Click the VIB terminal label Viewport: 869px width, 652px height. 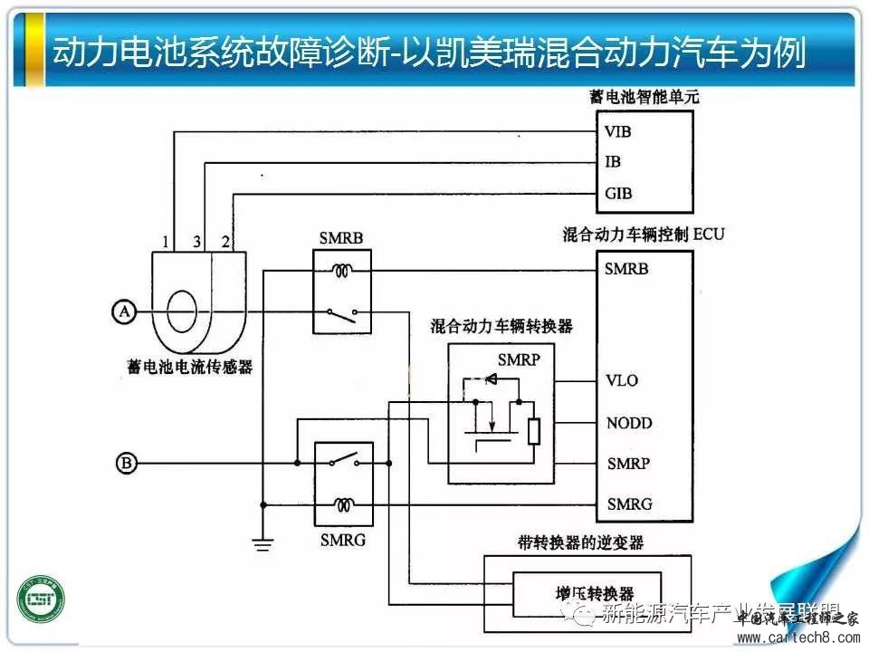618,132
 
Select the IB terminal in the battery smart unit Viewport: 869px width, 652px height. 613,162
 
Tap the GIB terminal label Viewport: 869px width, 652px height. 618,193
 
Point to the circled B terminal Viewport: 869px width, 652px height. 127,465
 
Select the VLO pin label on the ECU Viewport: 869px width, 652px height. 622,380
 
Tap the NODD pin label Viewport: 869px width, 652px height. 628,423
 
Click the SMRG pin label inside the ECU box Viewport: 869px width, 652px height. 628,503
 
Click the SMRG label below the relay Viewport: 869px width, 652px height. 342,541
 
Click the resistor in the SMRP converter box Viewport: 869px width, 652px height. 533,432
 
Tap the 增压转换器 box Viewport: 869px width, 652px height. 587,592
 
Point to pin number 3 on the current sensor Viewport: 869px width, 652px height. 196,242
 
